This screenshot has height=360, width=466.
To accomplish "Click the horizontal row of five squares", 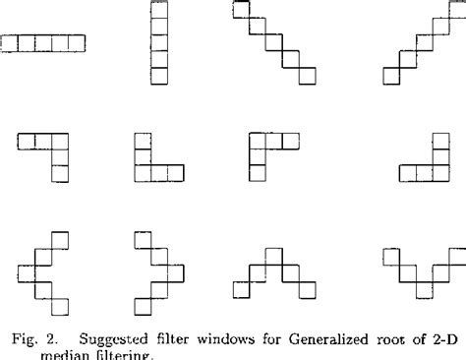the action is [44, 43].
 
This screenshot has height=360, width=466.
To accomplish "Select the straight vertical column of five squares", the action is [158, 43].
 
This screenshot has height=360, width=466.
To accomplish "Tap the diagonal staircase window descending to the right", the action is [273, 43].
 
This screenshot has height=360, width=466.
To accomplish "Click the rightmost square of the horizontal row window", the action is [78, 43].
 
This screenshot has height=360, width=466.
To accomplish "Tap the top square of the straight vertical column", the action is [158, 10].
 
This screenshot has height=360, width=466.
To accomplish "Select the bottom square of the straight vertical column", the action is [158, 77].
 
